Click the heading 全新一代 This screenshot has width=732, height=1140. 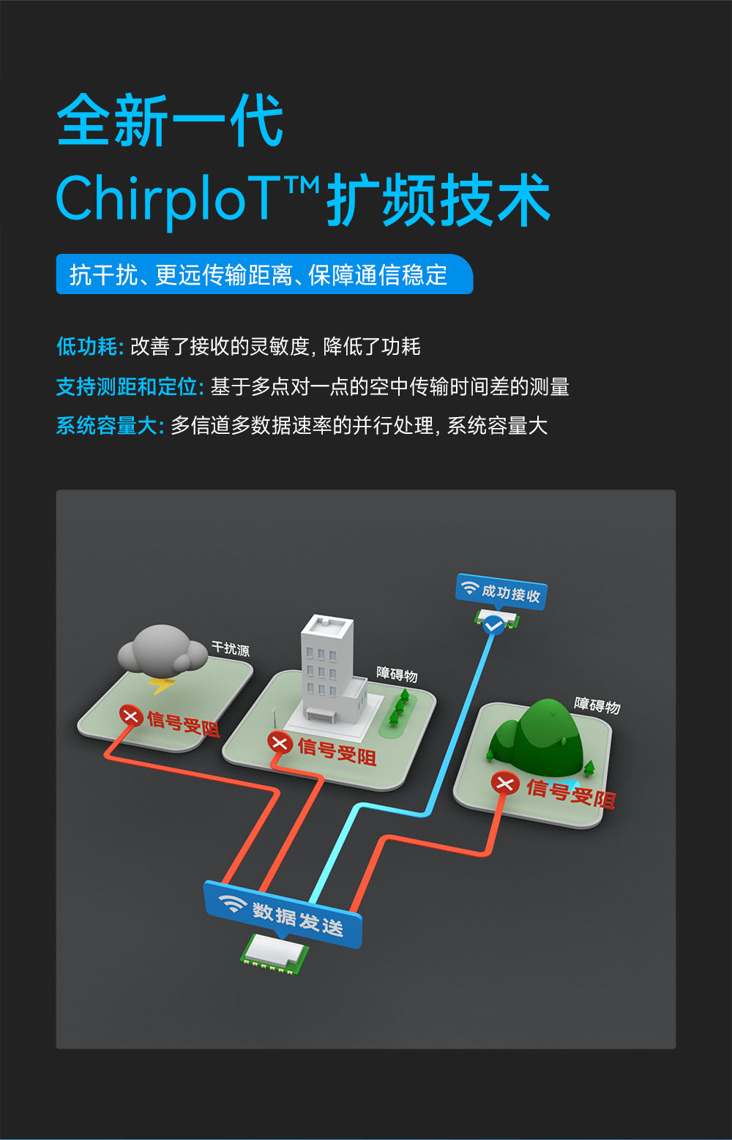coord(170,120)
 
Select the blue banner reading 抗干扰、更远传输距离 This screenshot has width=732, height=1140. coord(264,274)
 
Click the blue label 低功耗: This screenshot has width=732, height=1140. coord(90,347)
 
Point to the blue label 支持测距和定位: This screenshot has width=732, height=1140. coord(130,387)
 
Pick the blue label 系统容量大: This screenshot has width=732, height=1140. coord(110,425)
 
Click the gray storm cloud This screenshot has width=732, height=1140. coord(162,650)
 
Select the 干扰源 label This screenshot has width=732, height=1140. coord(231,649)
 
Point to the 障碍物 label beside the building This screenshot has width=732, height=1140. coord(397,674)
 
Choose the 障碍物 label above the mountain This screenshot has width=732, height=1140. coord(597,705)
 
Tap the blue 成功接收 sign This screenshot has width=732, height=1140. coord(501,592)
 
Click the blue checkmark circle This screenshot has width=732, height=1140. coord(493,624)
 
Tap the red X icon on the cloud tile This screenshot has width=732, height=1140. coord(131,716)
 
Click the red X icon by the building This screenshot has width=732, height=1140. coord(280,743)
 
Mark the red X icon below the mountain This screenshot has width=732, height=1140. coord(504,784)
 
